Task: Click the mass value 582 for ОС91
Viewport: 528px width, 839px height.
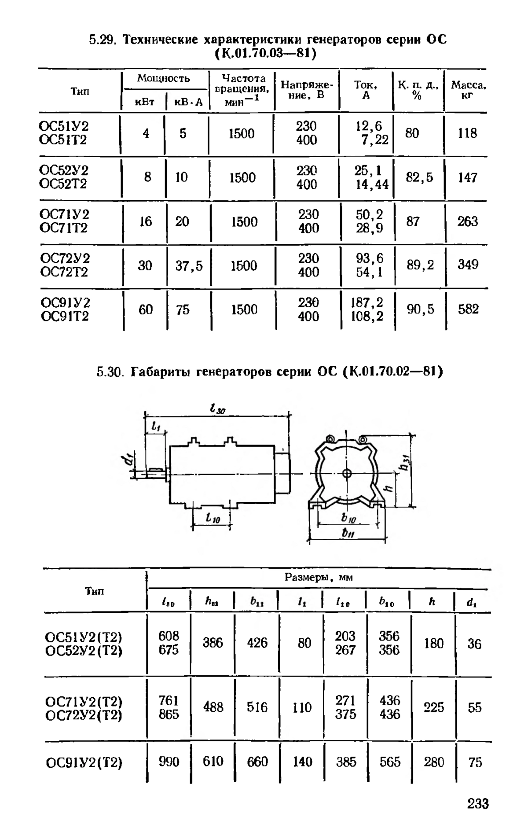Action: point(468,309)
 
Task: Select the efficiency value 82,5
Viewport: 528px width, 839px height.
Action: point(419,177)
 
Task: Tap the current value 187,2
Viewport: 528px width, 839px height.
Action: point(367,303)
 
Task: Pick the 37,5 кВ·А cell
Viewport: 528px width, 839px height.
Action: point(189,266)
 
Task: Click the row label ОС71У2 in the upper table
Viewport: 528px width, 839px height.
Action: point(64,214)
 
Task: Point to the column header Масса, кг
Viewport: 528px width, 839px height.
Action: point(468,90)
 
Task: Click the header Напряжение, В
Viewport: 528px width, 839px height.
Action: point(307,89)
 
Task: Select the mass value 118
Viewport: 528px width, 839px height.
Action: point(467,133)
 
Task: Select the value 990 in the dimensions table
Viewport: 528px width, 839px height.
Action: point(169,762)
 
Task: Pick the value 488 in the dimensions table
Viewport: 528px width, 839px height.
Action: point(213,707)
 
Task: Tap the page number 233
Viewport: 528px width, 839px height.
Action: point(478,804)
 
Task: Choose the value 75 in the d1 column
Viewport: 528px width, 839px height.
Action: point(475,762)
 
